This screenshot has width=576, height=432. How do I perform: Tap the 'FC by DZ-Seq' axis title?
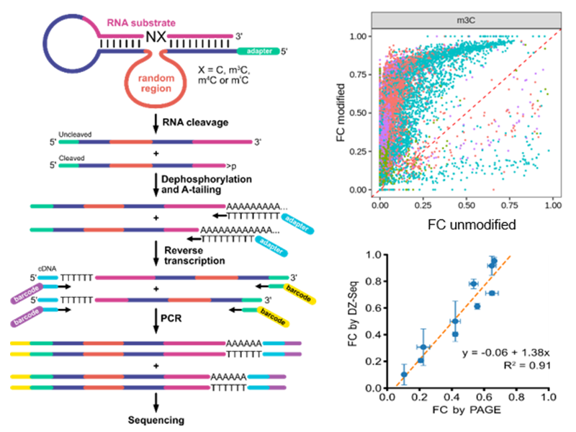pos(351,320)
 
